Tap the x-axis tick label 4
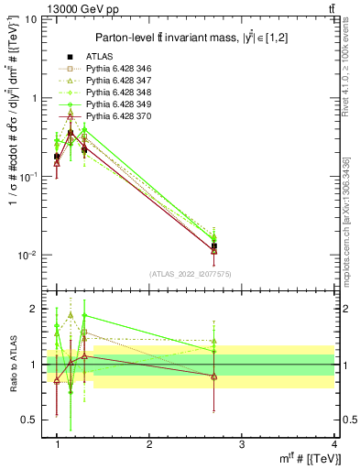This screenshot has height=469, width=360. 333,444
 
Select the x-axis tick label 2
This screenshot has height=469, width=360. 149,444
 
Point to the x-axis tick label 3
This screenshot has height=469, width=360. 241,444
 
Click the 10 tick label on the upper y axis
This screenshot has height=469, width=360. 32,19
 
